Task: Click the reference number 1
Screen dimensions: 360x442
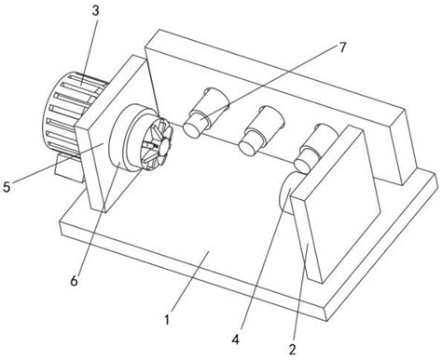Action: pos(166,320)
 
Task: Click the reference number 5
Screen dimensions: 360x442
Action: pos(8,186)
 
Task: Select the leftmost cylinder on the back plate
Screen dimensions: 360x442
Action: pos(204,113)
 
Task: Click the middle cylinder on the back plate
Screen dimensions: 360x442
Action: pos(258,128)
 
